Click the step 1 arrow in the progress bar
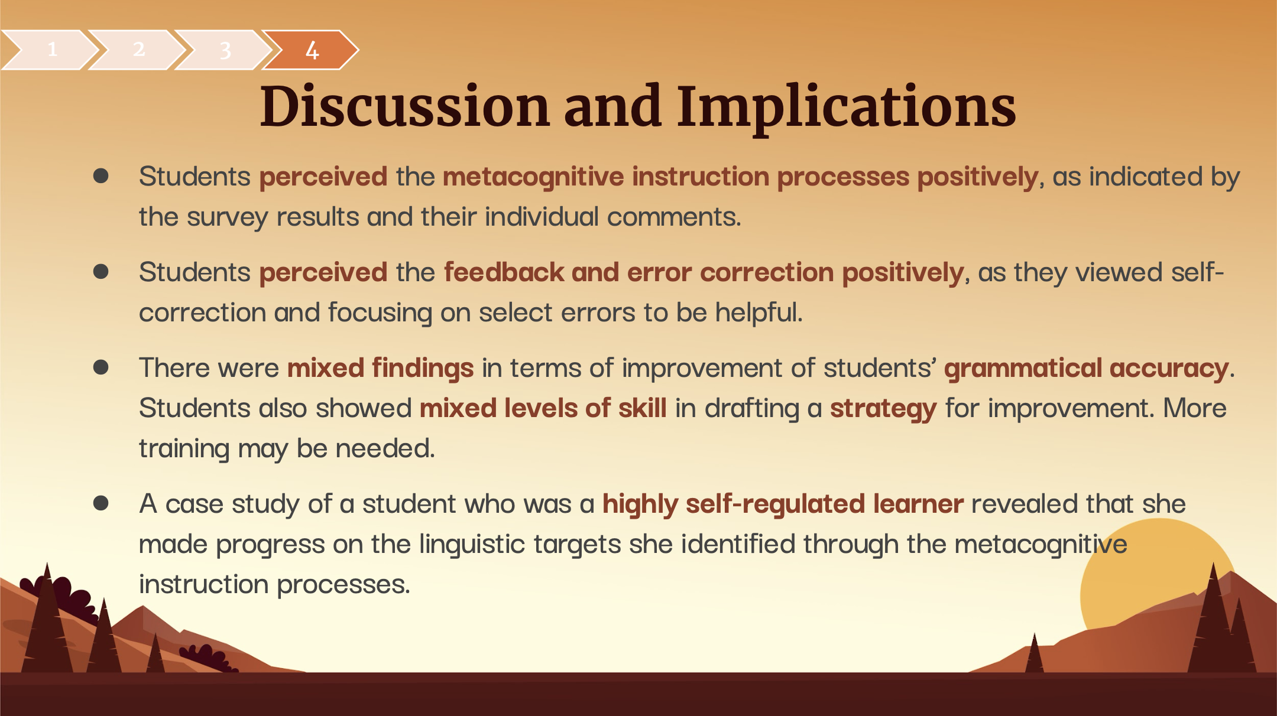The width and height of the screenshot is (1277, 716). tap(50, 50)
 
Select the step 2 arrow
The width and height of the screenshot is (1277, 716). tap(137, 50)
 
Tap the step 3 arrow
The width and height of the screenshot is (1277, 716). tap(224, 50)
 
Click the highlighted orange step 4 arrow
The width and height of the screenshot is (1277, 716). tap(311, 50)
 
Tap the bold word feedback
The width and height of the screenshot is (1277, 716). tap(504, 272)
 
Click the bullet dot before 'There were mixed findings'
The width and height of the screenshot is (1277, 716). tap(101, 367)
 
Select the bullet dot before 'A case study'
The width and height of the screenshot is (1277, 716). tap(101, 503)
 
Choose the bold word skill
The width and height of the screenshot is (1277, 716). tap(642, 408)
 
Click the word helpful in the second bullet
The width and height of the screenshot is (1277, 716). tap(759, 313)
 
